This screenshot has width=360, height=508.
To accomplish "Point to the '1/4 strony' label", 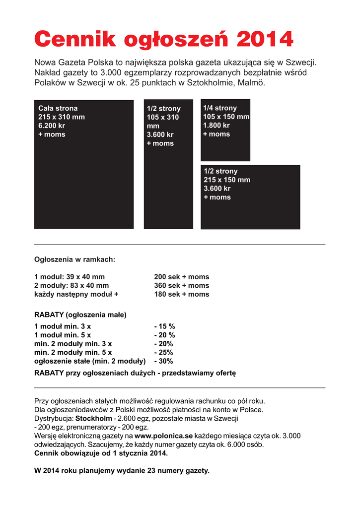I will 220,108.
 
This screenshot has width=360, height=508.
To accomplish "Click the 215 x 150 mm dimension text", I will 227,180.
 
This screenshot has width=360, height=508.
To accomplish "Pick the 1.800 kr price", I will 216,126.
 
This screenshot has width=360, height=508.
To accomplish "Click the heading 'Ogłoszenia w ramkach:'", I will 74,259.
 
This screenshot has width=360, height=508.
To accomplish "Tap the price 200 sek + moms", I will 182,277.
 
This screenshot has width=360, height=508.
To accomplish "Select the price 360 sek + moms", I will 182,285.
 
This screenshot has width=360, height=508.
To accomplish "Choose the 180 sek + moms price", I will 182,294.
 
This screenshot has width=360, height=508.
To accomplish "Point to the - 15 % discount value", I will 164,326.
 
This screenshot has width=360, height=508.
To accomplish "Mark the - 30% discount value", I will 163,361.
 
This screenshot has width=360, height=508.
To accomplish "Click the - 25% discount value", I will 163,352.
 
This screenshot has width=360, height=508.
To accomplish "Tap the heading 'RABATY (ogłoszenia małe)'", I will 80,315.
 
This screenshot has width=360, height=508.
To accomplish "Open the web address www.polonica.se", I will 163,436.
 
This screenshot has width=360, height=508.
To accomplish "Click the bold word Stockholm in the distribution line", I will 94,418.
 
